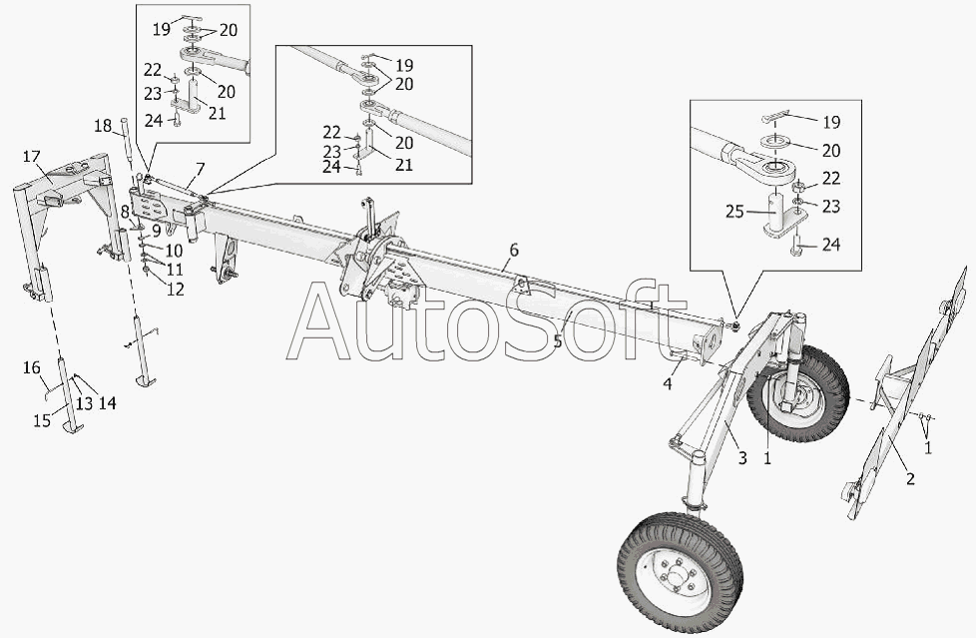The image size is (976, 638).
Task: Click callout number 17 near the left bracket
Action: pos(31,157)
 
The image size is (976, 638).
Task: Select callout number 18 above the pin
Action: pos(104,125)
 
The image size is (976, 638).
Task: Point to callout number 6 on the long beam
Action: pos(513,250)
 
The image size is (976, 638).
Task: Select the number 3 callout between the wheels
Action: pos(741,458)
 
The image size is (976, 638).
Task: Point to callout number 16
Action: pos(31,368)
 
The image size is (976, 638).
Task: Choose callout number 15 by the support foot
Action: pos(41,420)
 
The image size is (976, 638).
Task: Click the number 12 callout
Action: pos(175,290)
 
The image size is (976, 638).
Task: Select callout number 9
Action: pos(157,231)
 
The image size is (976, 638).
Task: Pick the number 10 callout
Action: pos(174,250)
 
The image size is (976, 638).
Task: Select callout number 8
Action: pos(125,211)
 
